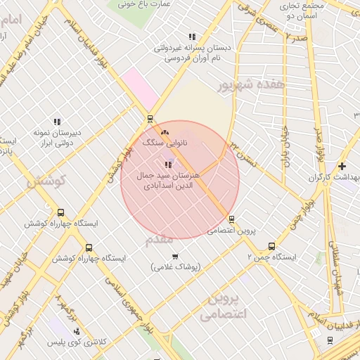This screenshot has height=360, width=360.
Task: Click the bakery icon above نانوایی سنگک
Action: (165, 131)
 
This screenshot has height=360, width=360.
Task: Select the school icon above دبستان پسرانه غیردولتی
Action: (191, 37)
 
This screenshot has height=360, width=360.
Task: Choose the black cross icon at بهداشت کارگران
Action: (342, 167)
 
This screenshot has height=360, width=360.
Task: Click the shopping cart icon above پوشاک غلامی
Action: (174, 256)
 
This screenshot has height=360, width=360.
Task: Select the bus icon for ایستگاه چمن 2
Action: (271, 246)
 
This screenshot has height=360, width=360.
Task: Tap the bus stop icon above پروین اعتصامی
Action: (231, 219)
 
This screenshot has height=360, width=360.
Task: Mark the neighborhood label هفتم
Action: (159, 240)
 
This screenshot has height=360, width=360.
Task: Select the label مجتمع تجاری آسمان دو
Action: (300, 10)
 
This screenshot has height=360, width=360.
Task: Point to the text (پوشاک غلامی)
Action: (176, 267)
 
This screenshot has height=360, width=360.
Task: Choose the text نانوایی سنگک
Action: (165, 142)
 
